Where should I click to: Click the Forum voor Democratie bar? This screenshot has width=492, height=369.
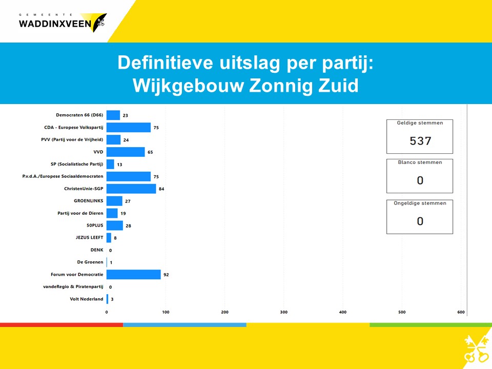tap(134, 275)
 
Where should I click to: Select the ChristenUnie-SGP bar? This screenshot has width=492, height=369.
tap(131, 189)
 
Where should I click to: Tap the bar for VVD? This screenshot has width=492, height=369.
tap(126, 152)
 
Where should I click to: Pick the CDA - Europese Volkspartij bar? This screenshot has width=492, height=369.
tap(129, 128)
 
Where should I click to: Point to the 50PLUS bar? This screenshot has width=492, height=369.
tap(115, 225)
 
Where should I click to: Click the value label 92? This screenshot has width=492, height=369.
tap(166, 275)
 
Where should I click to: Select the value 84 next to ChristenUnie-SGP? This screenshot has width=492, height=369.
tap(161, 189)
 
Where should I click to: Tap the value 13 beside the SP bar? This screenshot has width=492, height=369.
tap(119, 165)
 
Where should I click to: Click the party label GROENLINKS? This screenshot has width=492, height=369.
tap(89, 201)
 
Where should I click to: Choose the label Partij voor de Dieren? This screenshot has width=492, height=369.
tap(80, 213)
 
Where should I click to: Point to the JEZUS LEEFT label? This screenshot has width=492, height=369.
tap(89, 237)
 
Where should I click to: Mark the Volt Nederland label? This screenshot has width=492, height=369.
tap(87, 299)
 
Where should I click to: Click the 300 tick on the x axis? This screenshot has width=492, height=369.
tap(283, 312)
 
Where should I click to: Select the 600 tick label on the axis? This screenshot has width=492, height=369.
tap(461, 312)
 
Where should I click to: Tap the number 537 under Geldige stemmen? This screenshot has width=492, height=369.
tap(420, 141)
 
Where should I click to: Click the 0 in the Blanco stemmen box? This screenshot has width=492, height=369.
tap(420, 180)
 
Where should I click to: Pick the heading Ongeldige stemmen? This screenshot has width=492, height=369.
tap(420, 203)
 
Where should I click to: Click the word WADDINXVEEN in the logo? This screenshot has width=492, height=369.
tap(55, 24)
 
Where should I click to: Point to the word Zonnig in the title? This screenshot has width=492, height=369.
tap(281, 86)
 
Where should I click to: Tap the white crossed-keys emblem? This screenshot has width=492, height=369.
tap(476, 348)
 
